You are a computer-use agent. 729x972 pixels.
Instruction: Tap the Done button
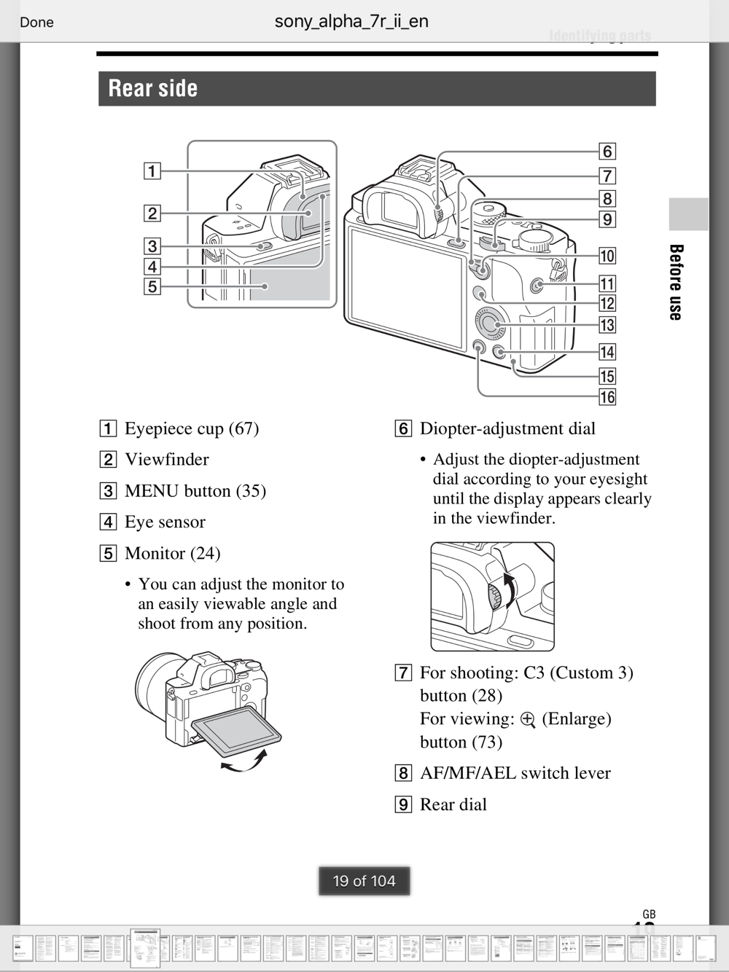coord(36,22)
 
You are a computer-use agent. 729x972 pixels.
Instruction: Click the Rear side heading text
coord(153,88)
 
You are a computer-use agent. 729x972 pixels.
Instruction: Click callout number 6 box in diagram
coord(607,152)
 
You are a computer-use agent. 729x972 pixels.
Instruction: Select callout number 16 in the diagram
coord(607,397)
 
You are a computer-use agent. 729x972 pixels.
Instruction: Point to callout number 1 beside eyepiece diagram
coord(152,171)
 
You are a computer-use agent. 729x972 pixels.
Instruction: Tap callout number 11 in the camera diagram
coord(607,283)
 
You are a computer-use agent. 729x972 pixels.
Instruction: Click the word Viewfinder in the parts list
coord(166,460)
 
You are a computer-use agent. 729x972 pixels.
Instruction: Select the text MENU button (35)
coord(195,491)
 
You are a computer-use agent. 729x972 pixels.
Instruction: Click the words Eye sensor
coord(165,522)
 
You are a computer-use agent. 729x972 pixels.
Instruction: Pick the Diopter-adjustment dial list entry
coord(507,428)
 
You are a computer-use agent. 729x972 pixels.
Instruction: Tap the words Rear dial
coord(453,804)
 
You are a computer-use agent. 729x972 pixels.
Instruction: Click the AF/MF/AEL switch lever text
coord(515,773)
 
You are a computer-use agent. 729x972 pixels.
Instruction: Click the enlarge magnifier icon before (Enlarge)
coord(529,720)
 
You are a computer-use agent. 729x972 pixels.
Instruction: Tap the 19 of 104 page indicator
coord(364,881)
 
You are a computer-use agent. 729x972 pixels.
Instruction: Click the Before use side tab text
coord(676,282)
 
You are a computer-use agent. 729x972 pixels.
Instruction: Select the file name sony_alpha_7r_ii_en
coord(351,21)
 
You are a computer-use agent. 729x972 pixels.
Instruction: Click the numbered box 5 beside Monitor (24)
coord(108,553)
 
